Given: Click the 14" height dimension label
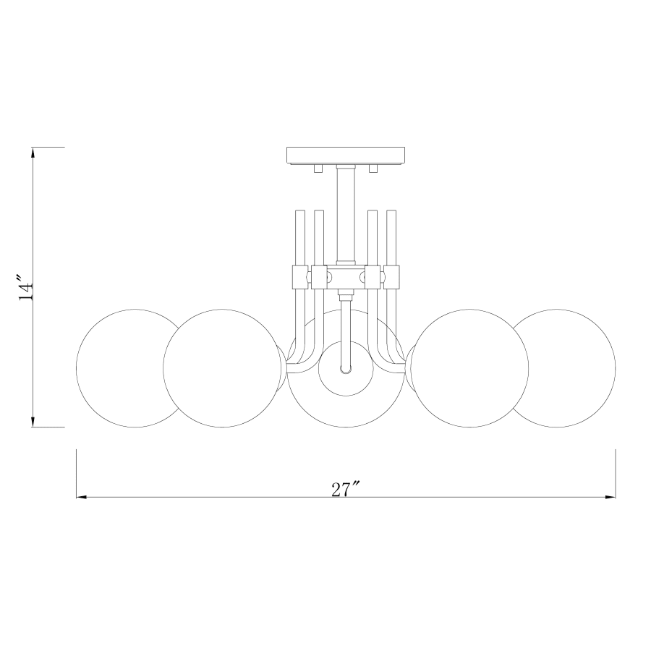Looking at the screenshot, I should pos(27,286).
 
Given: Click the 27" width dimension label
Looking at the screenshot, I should pos(346,489).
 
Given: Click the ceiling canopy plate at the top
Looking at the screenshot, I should pos(346,156).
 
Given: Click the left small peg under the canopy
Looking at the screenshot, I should pos(318,169).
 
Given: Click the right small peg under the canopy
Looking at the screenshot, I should pos(374,169).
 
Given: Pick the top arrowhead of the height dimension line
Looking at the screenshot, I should pos(33,152).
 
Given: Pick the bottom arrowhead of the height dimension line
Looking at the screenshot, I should pos(33,422).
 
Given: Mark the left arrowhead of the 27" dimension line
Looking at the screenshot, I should pos(81,498).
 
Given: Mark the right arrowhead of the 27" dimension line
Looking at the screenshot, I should pos(610,498).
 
